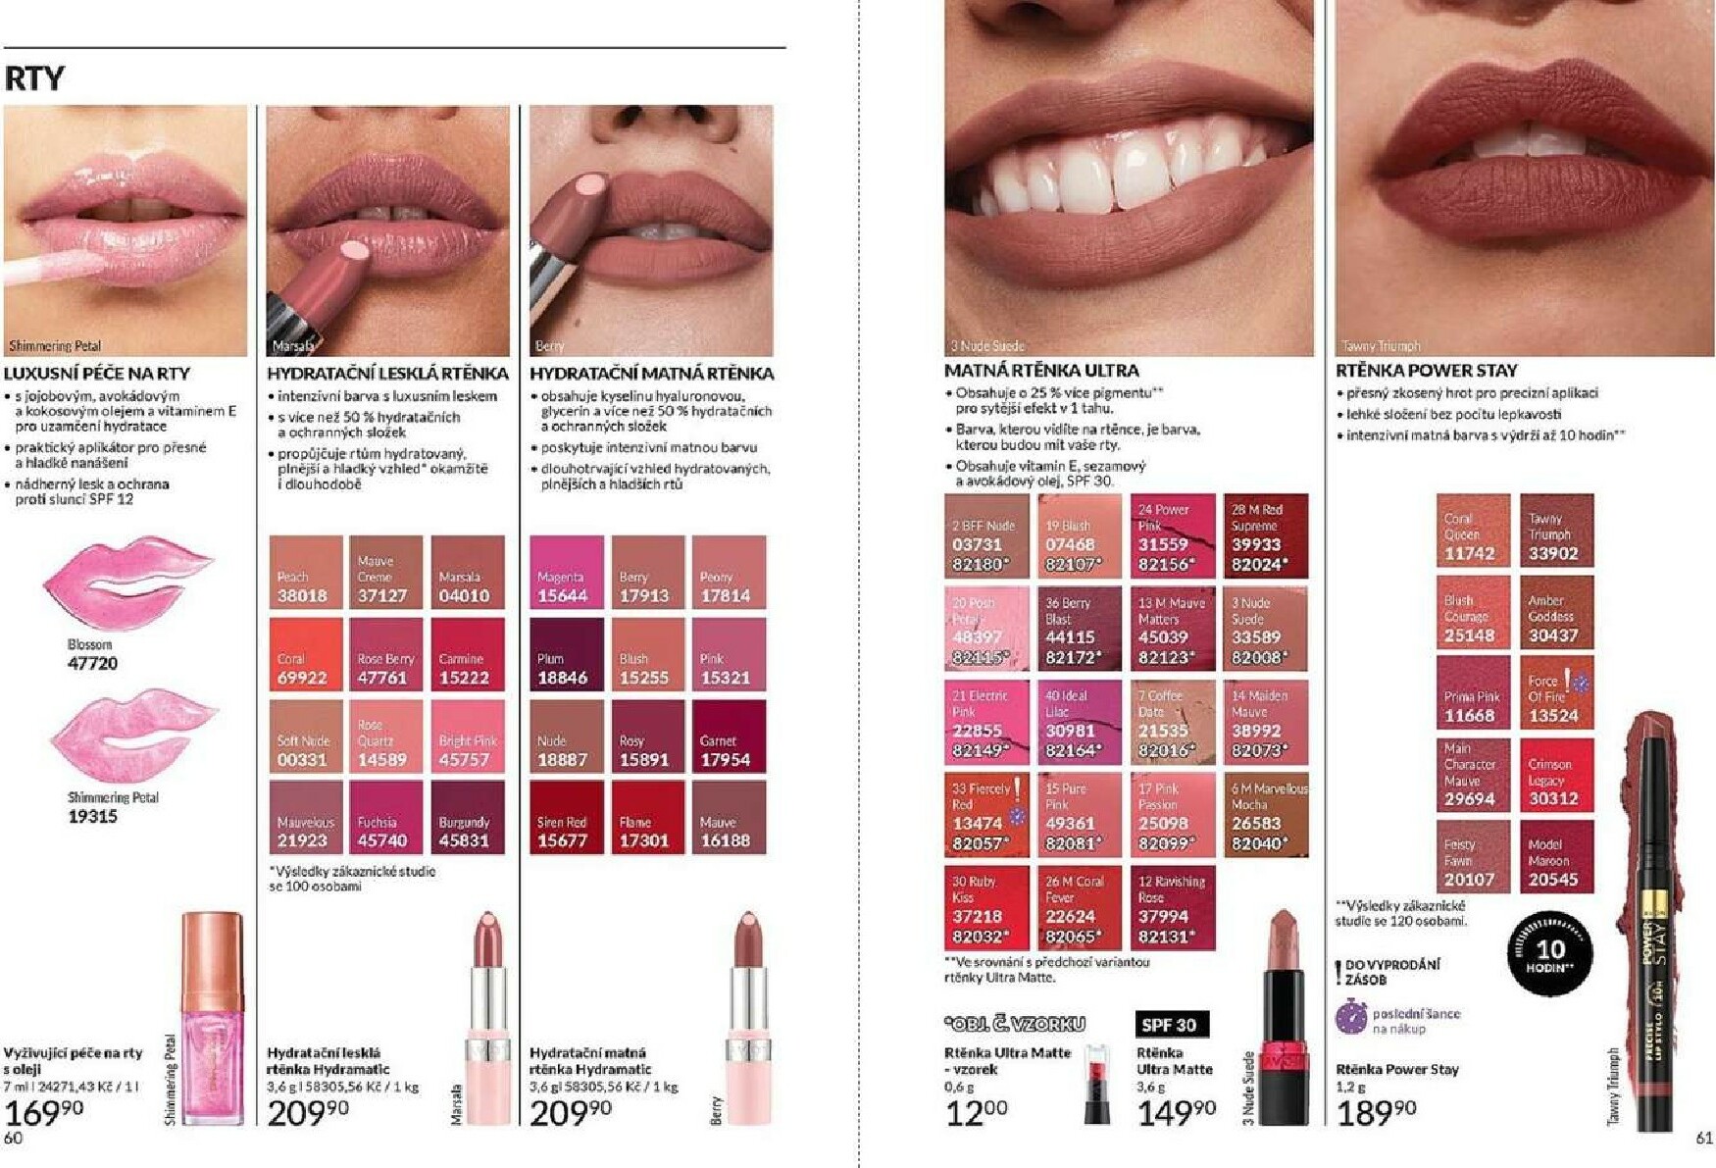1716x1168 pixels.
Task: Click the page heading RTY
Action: click(34, 78)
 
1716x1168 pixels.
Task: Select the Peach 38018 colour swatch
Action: click(306, 572)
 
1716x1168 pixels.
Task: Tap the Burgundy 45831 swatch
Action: click(467, 817)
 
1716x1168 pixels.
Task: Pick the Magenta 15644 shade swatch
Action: click(566, 572)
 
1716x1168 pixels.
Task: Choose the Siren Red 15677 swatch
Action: click(566, 817)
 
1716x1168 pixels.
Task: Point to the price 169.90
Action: click(44, 1112)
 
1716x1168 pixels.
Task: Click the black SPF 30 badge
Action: click(1172, 1024)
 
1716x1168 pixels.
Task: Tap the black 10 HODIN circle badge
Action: click(1549, 952)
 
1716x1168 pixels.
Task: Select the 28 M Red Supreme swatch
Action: click(1265, 535)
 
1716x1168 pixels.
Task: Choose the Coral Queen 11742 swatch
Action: click(1473, 531)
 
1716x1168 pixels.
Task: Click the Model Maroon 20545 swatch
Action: click(1557, 856)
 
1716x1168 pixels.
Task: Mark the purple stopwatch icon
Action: click(1351, 1018)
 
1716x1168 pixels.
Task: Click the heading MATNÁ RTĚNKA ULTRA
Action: click(1041, 371)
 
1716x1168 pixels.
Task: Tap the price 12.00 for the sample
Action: click(977, 1113)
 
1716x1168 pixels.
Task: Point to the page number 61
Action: click(1704, 1138)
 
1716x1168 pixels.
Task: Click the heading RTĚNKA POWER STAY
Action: click(1427, 371)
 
